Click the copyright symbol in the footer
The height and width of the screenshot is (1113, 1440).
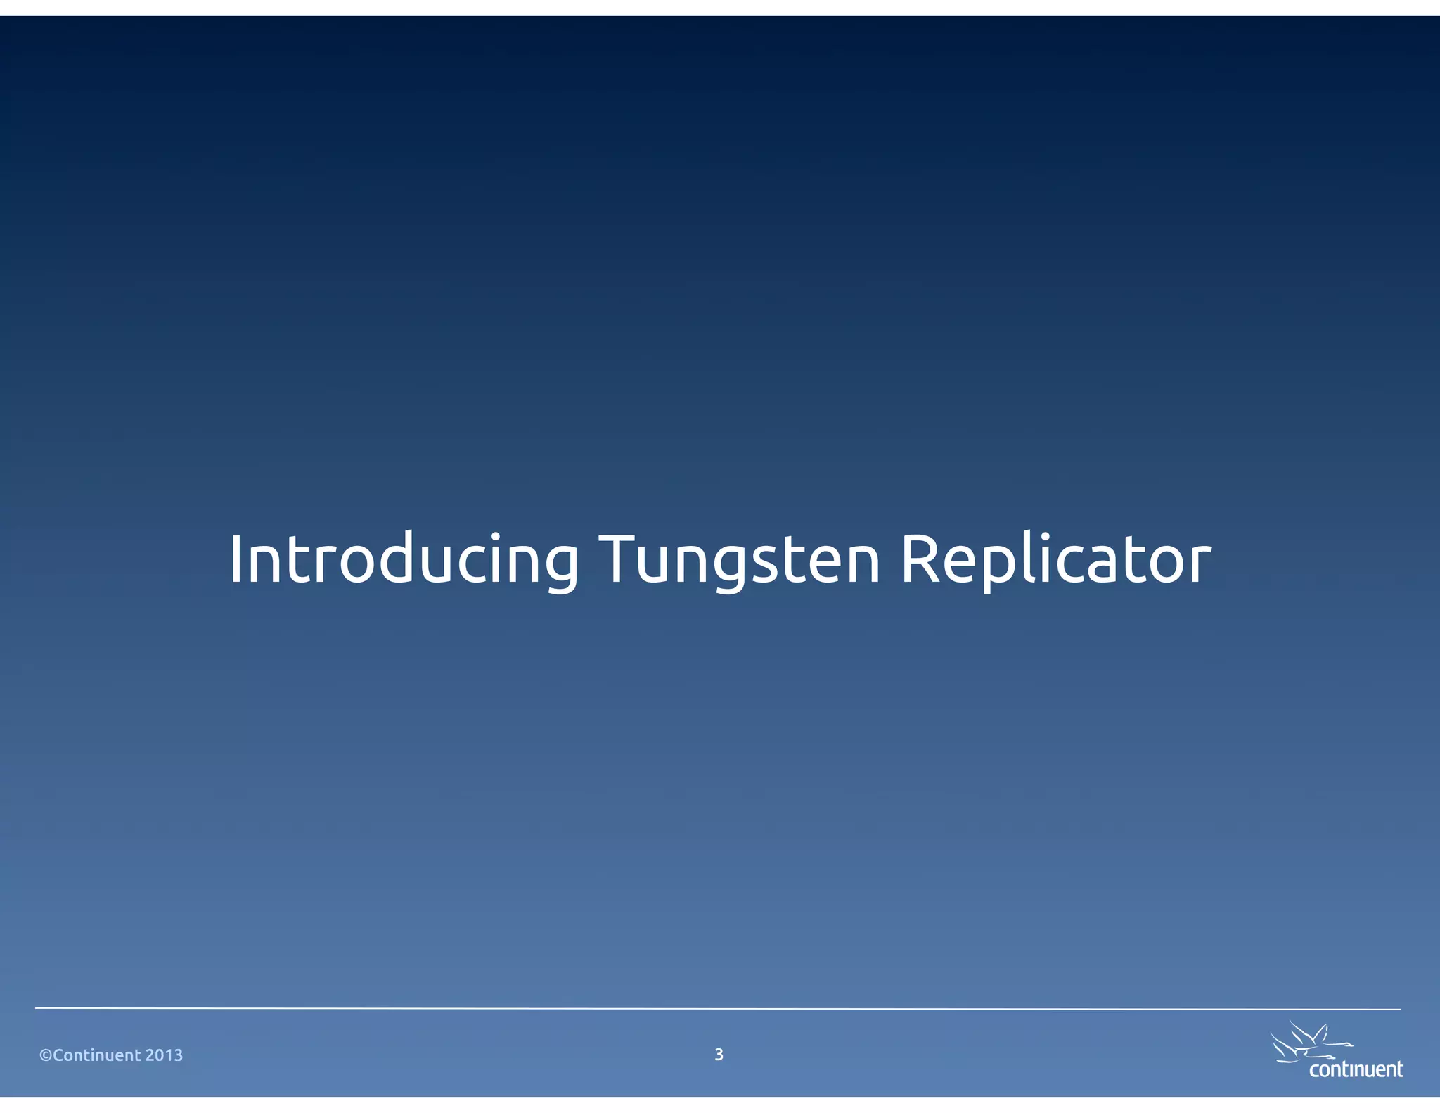click(46, 1055)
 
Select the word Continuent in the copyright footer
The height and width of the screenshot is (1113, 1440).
click(98, 1055)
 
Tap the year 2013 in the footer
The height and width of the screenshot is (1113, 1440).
click(165, 1055)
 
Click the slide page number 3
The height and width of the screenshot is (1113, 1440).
click(719, 1055)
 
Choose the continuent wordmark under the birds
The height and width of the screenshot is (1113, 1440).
click(1356, 1069)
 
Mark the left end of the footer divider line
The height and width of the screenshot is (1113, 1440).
click(37, 1008)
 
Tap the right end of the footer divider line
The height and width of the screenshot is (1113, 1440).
click(1399, 1010)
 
